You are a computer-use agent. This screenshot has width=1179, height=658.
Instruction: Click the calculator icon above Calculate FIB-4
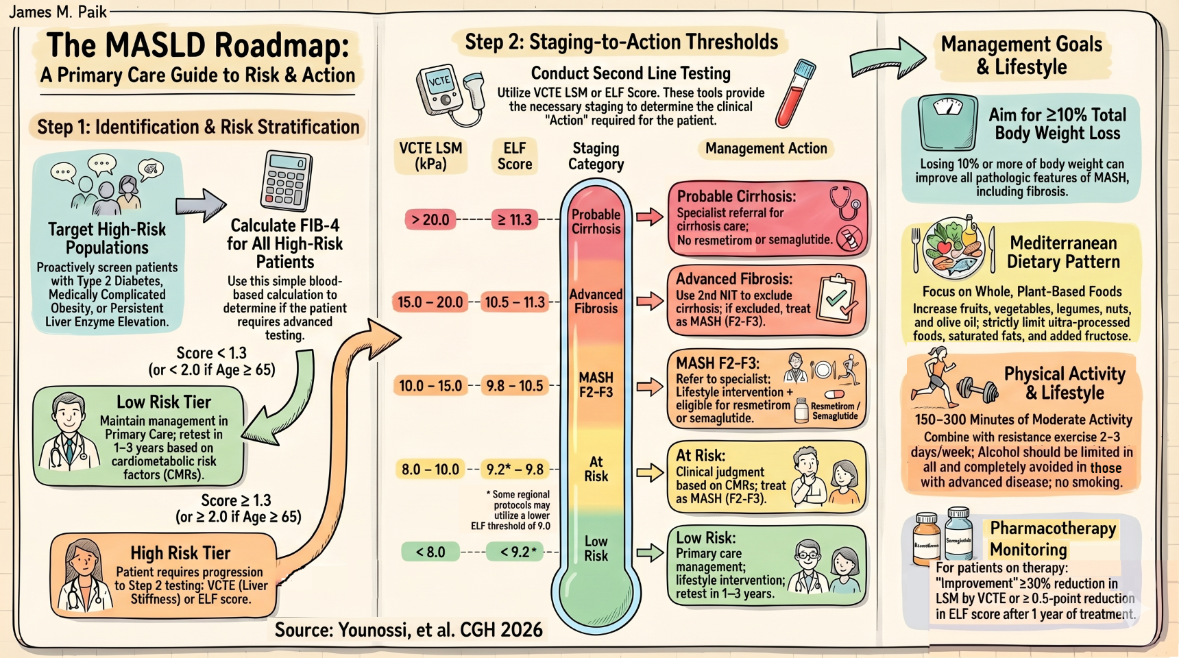(286, 180)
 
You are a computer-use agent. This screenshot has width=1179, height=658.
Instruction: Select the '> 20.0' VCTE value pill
(430, 220)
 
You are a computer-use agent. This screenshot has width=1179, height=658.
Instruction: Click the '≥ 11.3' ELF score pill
(515, 220)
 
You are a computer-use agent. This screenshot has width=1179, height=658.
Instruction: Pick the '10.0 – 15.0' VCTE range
(430, 386)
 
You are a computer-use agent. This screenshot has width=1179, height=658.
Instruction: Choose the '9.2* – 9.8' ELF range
(515, 470)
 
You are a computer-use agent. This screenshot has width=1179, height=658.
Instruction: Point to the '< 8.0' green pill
(430, 552)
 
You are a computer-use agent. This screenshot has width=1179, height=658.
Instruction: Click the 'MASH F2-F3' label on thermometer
(596, 385)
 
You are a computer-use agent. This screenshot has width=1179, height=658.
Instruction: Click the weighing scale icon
(948, 121)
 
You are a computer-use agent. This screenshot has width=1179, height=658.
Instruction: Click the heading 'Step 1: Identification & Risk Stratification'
(198, 127)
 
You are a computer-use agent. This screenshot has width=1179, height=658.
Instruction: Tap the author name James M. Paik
(58, 12)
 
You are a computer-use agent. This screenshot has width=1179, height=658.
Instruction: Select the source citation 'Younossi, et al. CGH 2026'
(409, 630)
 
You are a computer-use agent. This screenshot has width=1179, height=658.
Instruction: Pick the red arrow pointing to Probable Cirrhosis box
(649, 218)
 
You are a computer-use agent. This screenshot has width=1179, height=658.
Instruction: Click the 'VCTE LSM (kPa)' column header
(430, 156)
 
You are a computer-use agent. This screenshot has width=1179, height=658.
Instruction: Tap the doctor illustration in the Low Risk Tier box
(66, 432)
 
